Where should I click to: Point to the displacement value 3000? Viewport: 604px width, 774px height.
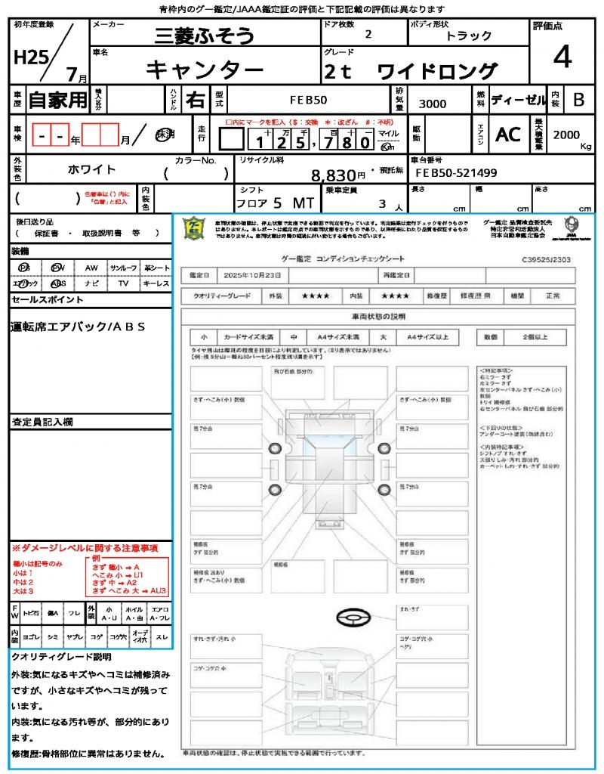433,104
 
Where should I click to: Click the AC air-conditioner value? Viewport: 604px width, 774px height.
508,135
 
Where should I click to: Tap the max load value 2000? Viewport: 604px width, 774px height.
566,135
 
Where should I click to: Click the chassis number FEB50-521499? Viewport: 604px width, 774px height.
457,173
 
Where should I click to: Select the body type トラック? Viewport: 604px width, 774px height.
468,36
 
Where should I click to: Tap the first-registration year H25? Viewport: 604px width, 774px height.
29,58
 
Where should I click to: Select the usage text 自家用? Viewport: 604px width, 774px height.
58,100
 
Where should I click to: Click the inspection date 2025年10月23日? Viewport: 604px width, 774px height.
256,275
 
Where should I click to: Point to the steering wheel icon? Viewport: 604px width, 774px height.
353,619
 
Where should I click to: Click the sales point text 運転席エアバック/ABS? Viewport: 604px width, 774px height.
78,327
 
